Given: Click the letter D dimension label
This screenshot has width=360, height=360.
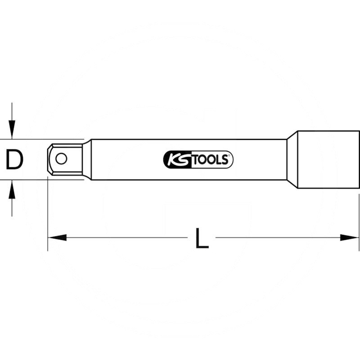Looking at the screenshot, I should click(14, 160).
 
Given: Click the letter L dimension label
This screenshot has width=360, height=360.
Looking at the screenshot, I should click(202, 238).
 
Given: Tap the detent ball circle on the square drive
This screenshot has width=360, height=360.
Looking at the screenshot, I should click(61, 158).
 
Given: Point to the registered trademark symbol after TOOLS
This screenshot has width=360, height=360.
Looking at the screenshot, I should click(230, 155).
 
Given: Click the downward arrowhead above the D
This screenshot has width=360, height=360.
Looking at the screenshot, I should click(12, 131).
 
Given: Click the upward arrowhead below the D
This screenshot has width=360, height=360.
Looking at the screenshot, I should click(12, 189).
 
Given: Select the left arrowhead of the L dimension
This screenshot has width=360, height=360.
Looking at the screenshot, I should click(56, 238).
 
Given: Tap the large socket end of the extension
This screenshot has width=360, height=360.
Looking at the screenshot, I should click(328, 160).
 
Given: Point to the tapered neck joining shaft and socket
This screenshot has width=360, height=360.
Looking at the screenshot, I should click(292, 160).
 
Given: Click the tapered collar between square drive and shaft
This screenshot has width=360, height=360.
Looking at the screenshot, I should click(87, 160).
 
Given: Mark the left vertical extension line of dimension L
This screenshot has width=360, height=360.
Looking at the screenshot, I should click(48, 216).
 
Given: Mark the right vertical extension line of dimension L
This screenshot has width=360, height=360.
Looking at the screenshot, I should click(359, 220).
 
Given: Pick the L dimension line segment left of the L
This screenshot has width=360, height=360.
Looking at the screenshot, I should click(126, 238).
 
